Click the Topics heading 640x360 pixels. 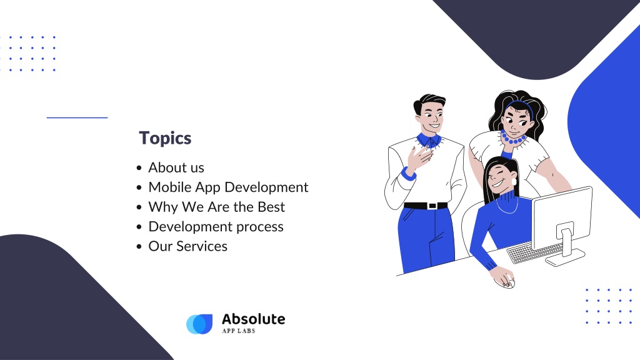(x=165, y=138)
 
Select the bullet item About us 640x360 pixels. (x=176, y=167)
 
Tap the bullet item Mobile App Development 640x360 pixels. (x=228, y=187)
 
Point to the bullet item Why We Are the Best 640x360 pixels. (x=216, y=207)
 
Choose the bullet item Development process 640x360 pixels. (x=216, y=226)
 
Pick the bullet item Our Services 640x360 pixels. (x=187, y=246)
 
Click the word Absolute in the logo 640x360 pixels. (x=254, y=319)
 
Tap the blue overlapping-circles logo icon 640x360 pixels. (x=199, y=324)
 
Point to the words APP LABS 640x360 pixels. (x=239, y=331)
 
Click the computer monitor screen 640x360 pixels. (x=562, y=216)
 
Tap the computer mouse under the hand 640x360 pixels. (x=505, y=282)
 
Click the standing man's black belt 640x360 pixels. (x=426, y=206)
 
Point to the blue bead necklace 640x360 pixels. (x=513, y=139)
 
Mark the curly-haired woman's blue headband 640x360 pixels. (x=520, y=107)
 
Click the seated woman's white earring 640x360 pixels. (x=514, y=181)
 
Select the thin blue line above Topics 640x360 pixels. (x=77, y=117)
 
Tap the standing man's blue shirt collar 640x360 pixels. (x=428, y=140)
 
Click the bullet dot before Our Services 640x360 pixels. (x=139, y=246)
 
